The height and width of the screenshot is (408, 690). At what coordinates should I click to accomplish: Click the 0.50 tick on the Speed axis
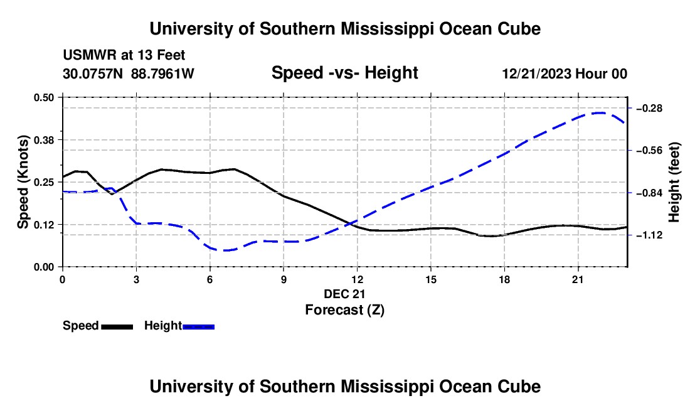point(43,97)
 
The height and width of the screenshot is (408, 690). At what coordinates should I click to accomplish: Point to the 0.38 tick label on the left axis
point(43,140)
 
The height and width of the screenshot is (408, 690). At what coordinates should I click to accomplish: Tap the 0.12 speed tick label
point(43,225)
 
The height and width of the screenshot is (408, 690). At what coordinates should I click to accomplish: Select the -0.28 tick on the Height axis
point(649,108)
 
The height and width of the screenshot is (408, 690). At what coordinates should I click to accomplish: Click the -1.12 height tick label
point(649,235)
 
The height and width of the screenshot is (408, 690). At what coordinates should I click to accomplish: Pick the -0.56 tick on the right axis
point(649,151)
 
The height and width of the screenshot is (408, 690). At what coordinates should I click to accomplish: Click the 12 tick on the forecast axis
point(358,279)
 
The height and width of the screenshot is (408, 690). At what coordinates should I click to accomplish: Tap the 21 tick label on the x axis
point(578,279)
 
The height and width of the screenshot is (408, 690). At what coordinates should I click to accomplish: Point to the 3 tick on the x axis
point(136,279)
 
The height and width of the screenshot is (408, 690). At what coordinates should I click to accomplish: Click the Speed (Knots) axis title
point(23,182)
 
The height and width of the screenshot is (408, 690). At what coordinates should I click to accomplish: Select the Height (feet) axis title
point(674,182)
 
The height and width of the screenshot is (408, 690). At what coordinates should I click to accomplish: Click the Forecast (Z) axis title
point(344,310)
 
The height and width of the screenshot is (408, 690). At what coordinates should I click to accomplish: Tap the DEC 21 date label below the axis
point(344,294)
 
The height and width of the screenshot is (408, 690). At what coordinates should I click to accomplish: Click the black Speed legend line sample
point(117,326)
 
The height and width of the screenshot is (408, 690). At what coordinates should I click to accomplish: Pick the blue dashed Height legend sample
point(198,326)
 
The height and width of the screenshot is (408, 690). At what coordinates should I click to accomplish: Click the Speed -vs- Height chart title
point(344,73)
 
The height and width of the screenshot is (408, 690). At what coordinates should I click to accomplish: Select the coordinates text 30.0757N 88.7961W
point(129,73)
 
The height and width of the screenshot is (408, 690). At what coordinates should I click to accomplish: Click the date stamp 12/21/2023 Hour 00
point(565,73)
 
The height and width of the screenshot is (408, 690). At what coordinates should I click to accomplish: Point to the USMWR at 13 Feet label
point(124,55)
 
